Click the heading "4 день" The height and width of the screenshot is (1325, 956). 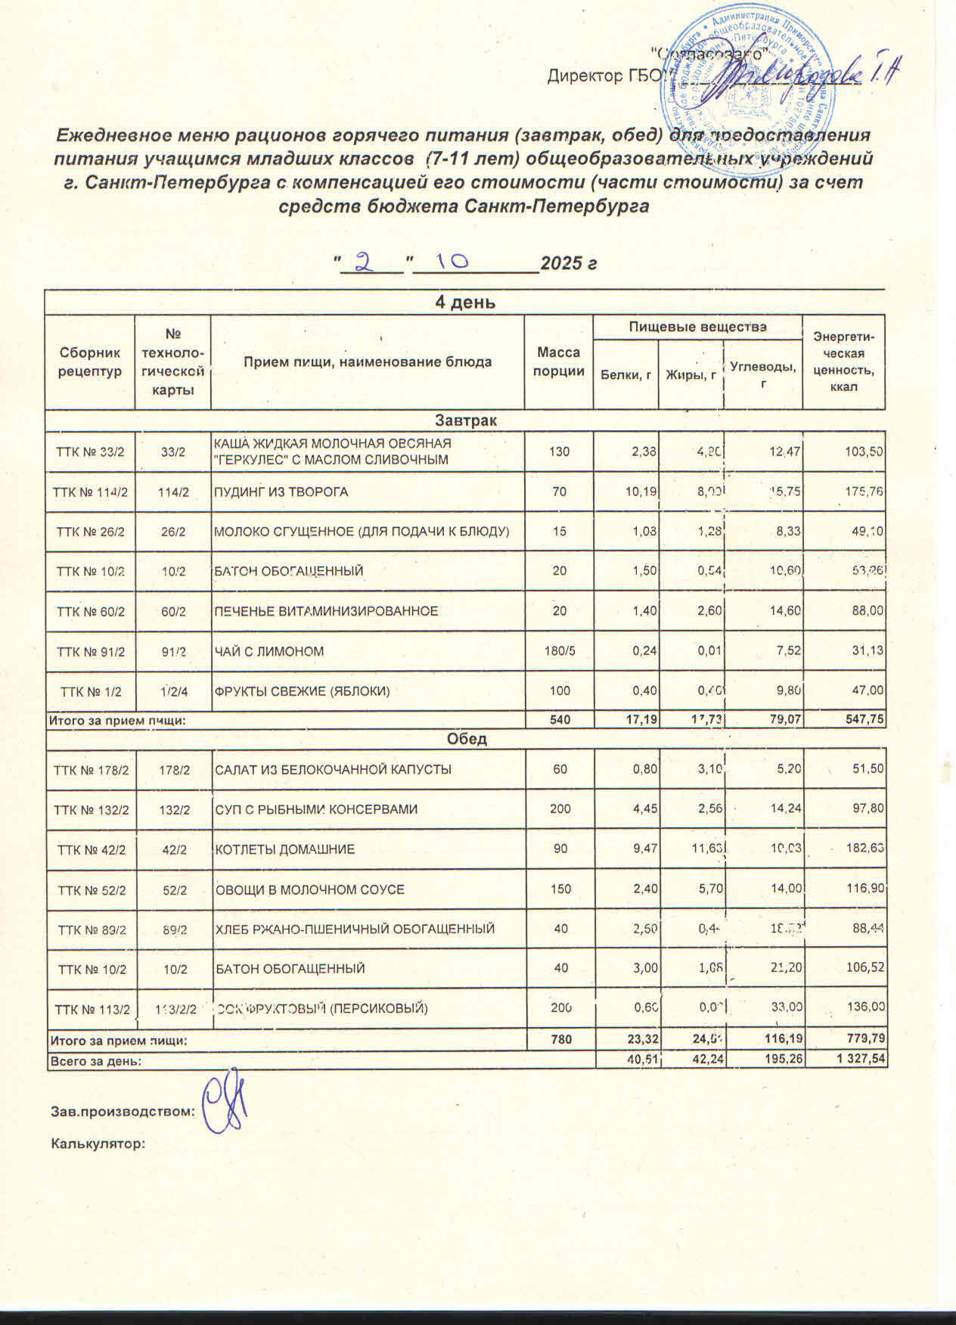click(x=464, y=303)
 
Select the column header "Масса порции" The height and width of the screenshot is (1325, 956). click(x=558, y=362)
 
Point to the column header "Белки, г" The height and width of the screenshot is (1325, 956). click(x=625, y=374)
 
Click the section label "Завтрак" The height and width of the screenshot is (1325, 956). click(x=464, y=420)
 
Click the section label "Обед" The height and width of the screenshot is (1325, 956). click(x=467, y=739)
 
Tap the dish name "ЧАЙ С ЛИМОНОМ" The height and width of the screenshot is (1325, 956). click(x=269, y=651)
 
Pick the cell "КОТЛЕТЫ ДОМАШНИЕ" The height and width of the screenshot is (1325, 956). click(x=285, y=849)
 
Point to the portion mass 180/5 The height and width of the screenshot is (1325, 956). click(x=559, y=651)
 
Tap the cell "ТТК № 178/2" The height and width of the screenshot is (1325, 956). click(x=90, y=770)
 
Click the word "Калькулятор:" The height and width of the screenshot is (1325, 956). click(x=98, y=1143)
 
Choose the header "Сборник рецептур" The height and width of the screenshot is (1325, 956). click(x=89, y=362)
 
